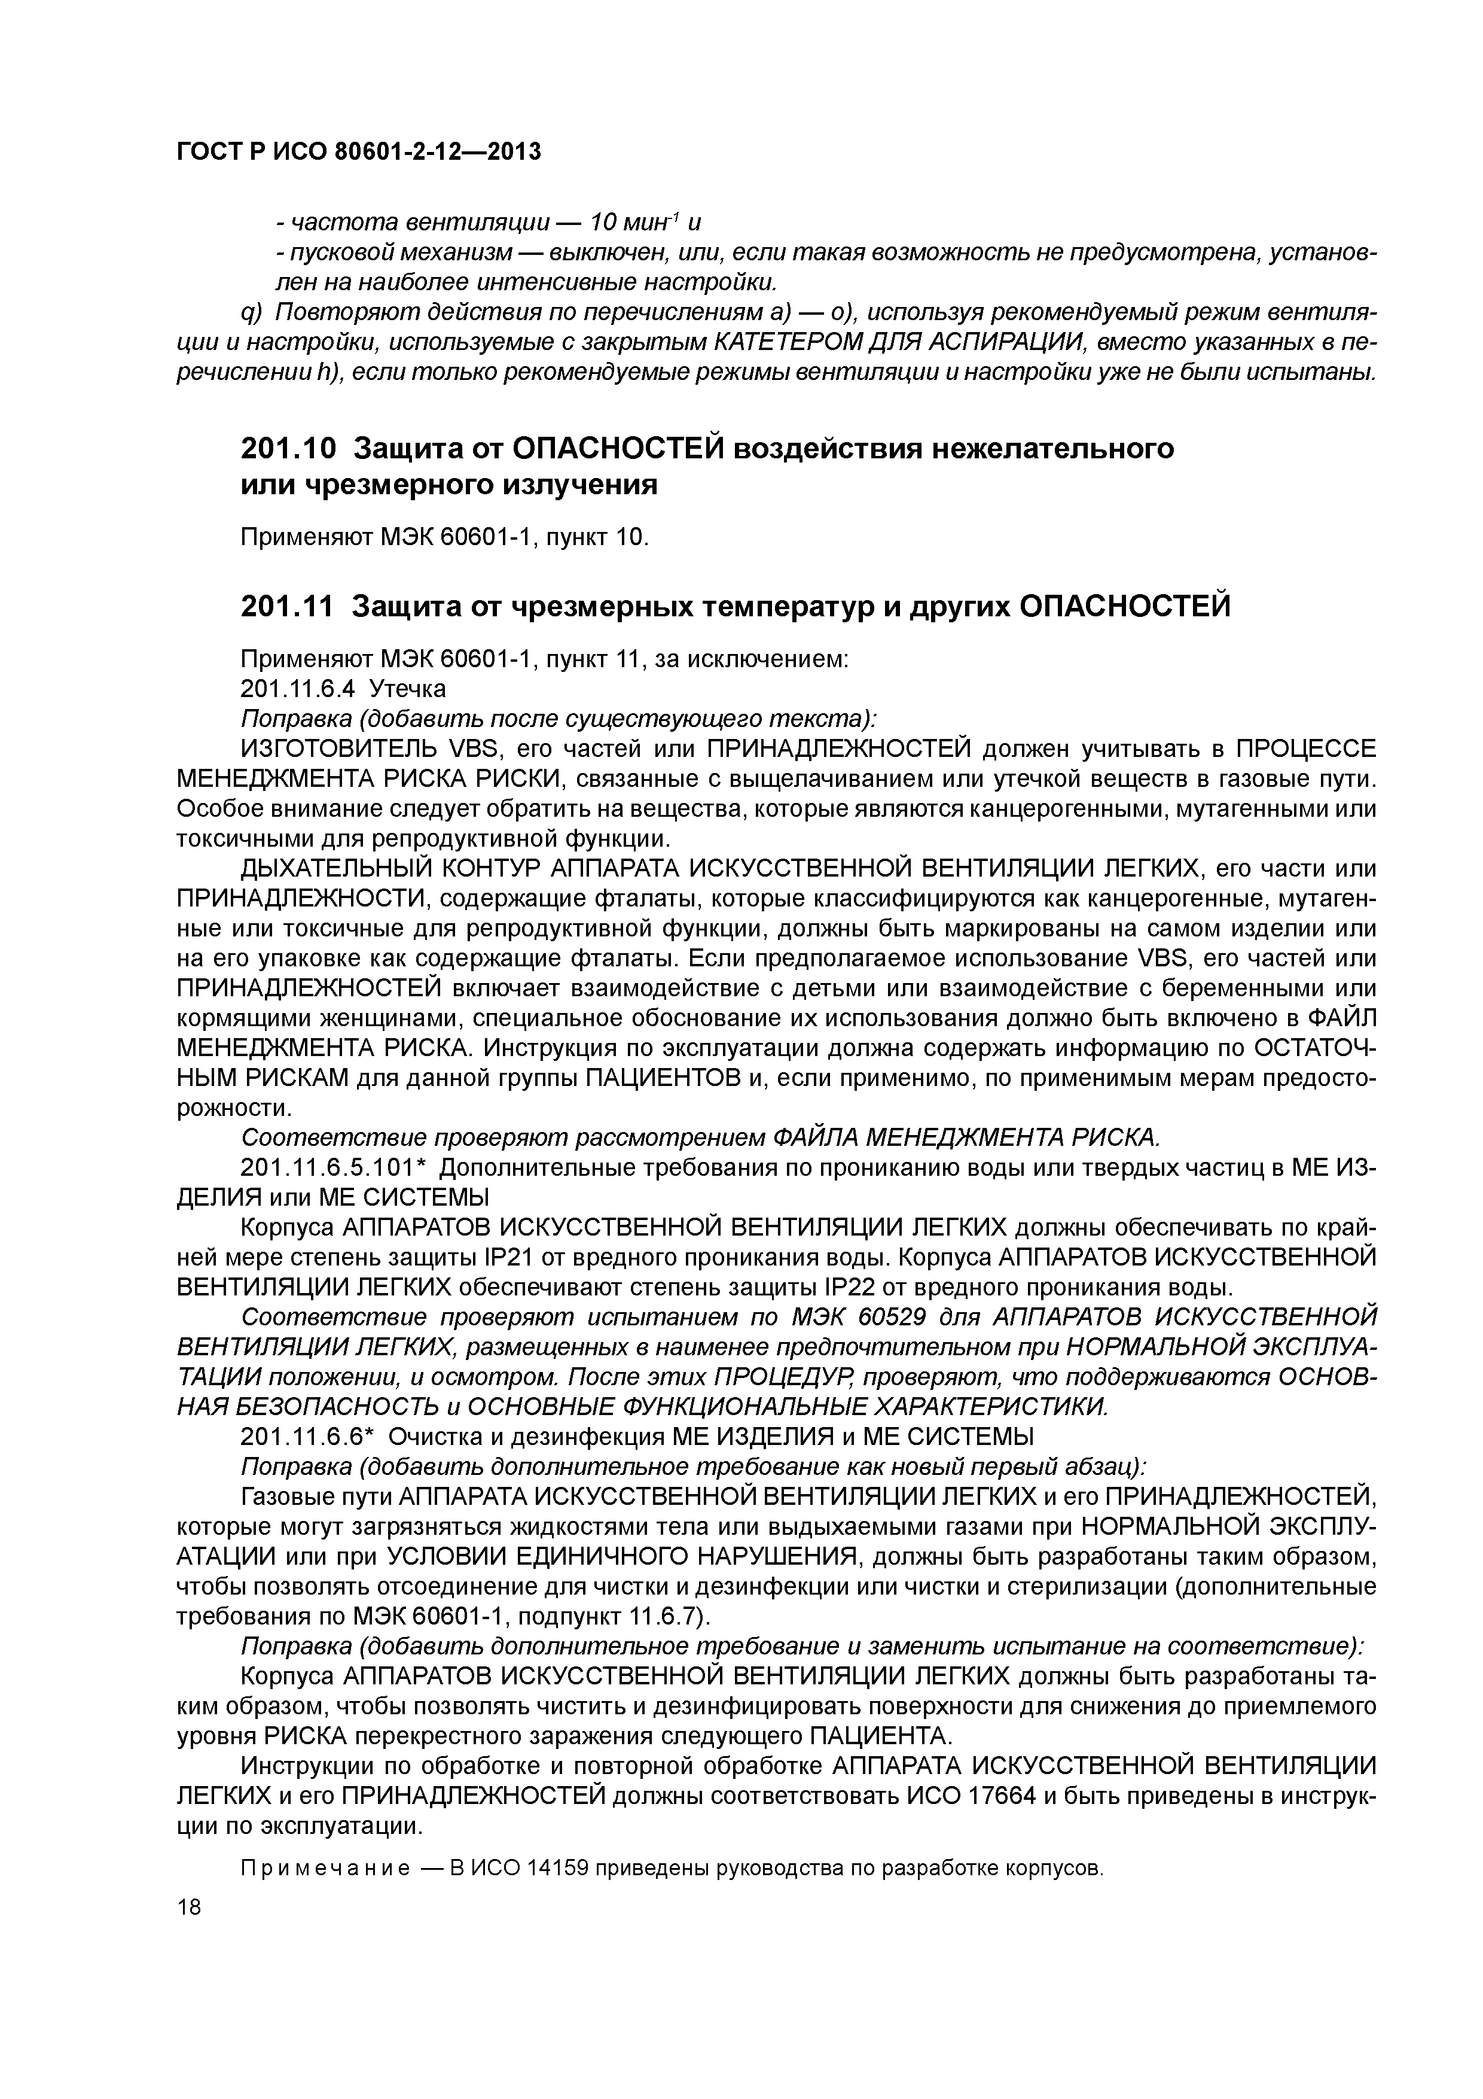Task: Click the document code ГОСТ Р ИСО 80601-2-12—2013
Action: [358, 152]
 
